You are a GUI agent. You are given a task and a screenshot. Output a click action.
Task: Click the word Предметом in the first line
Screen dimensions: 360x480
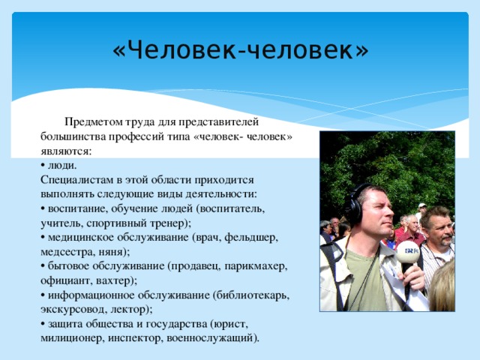(92, 122)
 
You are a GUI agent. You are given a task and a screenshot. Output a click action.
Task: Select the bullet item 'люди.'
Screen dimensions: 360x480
(61, 165)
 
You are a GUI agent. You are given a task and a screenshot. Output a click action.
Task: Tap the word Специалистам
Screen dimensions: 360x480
(78, 180)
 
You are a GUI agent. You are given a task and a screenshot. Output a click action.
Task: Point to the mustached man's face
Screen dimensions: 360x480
(436, 228)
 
